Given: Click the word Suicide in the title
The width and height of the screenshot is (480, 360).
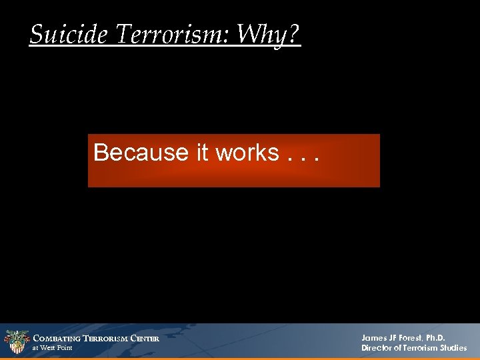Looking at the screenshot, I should (x=68, y=33).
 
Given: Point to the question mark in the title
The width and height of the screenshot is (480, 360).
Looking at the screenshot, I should (x=292, y=33).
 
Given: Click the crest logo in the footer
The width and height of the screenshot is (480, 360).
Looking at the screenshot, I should (x=17, y=342).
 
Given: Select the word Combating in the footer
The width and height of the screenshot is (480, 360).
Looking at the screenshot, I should (x=57, y=339).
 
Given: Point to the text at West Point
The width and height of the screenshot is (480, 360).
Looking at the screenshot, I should (x=53, y=348).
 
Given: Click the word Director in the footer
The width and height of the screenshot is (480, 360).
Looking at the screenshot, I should (x=378, y=348).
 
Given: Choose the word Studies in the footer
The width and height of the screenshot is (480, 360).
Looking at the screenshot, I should (x=453, y=348).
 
